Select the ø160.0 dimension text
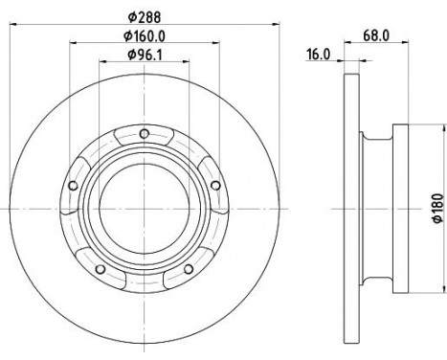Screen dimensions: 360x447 click(145, 37)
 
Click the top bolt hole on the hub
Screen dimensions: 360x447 click(144, 133)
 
